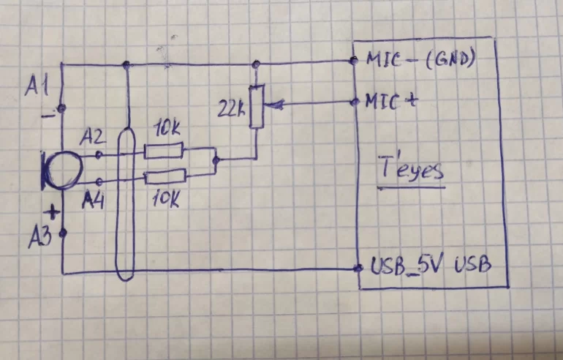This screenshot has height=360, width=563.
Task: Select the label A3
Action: [40, 236]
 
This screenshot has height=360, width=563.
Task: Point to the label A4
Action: [94, 198]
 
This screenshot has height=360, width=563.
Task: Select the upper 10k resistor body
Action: [165, 151]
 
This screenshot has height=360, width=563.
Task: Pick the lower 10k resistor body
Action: [165, 176]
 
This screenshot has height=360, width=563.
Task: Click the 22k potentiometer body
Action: [256, 107]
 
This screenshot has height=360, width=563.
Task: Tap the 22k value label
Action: [230, 110]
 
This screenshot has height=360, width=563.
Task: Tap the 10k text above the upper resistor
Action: [167, 132]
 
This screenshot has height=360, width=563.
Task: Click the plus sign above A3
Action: [52, 213]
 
